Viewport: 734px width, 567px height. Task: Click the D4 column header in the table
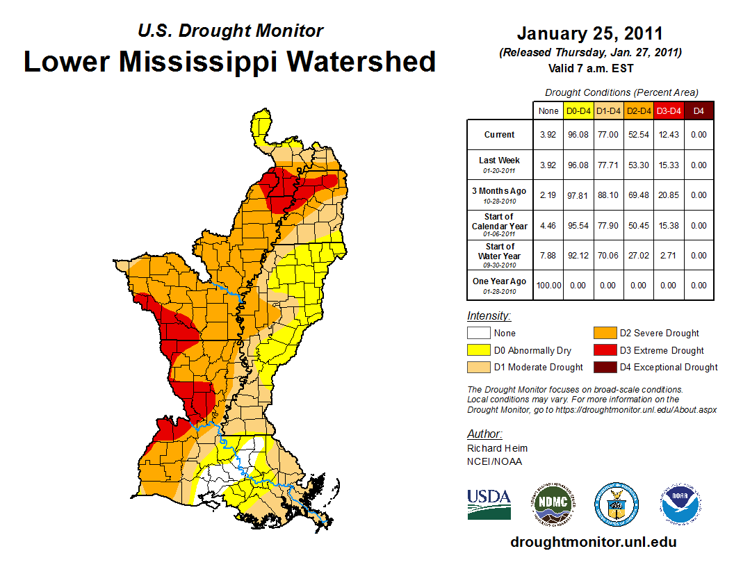(x=699, y=110)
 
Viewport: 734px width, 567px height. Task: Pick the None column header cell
(x=548, y=110)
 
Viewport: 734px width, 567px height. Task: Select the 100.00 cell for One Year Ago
(x=548, y=285)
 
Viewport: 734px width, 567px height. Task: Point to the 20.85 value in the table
(x=668, y=195)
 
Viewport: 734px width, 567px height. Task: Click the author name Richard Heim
(x=497, y=448)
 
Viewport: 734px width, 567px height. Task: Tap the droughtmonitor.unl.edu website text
(x=593, y=542)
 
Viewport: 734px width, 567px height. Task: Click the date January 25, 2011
(x=589, y=33)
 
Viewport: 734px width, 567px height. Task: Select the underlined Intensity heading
(x=489, y=316)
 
